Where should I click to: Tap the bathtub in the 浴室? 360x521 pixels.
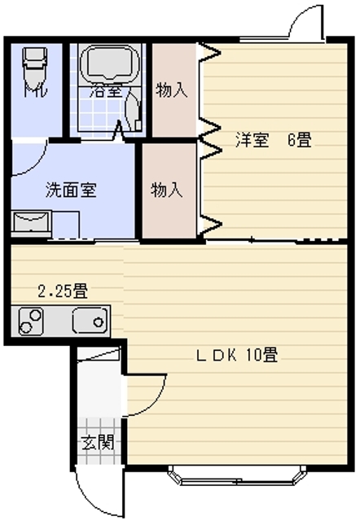point(110,63)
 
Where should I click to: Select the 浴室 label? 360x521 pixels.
point(106,90)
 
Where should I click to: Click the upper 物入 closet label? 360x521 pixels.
point(172,90)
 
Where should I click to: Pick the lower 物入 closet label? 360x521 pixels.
point(166,190)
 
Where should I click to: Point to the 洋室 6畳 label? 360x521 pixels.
point(274,139)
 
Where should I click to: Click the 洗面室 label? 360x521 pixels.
point(71,190)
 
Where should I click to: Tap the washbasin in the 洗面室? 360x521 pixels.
point(31,223)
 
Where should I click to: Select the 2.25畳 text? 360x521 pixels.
point(63,291)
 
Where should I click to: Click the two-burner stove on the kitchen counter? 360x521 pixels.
point(31,322)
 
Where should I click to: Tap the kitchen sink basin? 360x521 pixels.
point(90,320)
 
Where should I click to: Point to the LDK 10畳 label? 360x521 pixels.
point(237,355)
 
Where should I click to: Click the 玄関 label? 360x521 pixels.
point(98,442)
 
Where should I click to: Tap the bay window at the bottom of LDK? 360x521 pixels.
point(237,475)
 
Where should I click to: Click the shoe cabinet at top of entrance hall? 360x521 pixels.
point(99,353)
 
